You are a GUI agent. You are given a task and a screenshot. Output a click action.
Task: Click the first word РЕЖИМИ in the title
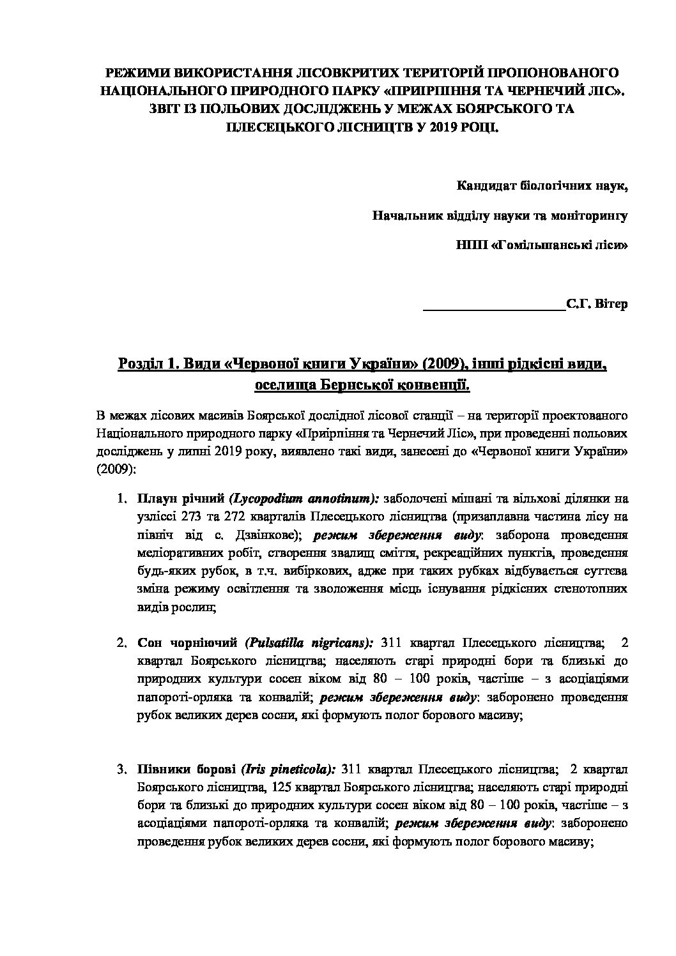click(134, 72)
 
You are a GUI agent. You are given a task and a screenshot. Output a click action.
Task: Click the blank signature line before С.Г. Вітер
click(495, 305)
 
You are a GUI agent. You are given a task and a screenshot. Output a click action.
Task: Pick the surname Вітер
click(611, 304)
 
